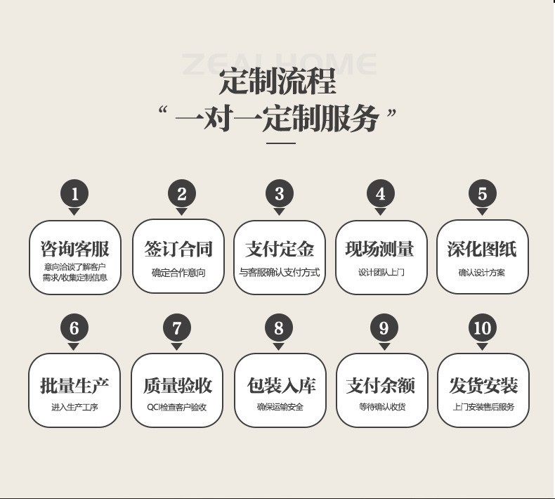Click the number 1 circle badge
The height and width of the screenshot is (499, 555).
[x=74, y=193]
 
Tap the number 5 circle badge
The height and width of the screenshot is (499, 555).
[x=482, y=193]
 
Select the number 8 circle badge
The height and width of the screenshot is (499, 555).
[x=279, y=328]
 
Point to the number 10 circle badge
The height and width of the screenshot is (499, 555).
[x=482, y=328]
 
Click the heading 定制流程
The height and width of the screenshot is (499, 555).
[x=277, y=82]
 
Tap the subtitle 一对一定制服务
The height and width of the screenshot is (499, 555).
[x=277, y=117]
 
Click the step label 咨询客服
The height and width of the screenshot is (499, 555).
[x=74, y=249]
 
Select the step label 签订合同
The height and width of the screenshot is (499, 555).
[x=178, y=249]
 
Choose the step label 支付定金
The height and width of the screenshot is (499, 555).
[x=279, y=249]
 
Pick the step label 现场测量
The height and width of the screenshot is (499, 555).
[x=380, y=249]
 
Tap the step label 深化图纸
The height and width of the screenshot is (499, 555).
[x=482, y=249]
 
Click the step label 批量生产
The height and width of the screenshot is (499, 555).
[x=74, y=385]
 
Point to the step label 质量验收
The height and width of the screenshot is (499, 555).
[x=177, y=385]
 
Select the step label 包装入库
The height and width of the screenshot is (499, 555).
[x=280, y=385]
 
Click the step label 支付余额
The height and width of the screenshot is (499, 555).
[x=381, y=385]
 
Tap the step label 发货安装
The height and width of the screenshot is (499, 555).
[x=483, y=385]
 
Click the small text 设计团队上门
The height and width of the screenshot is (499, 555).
[x=381, y=273]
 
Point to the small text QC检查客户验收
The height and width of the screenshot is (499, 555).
[x=177, y=407]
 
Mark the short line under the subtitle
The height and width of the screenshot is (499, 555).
[x=281, y=143]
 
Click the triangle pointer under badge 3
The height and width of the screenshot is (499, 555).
[x=279, y=212]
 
